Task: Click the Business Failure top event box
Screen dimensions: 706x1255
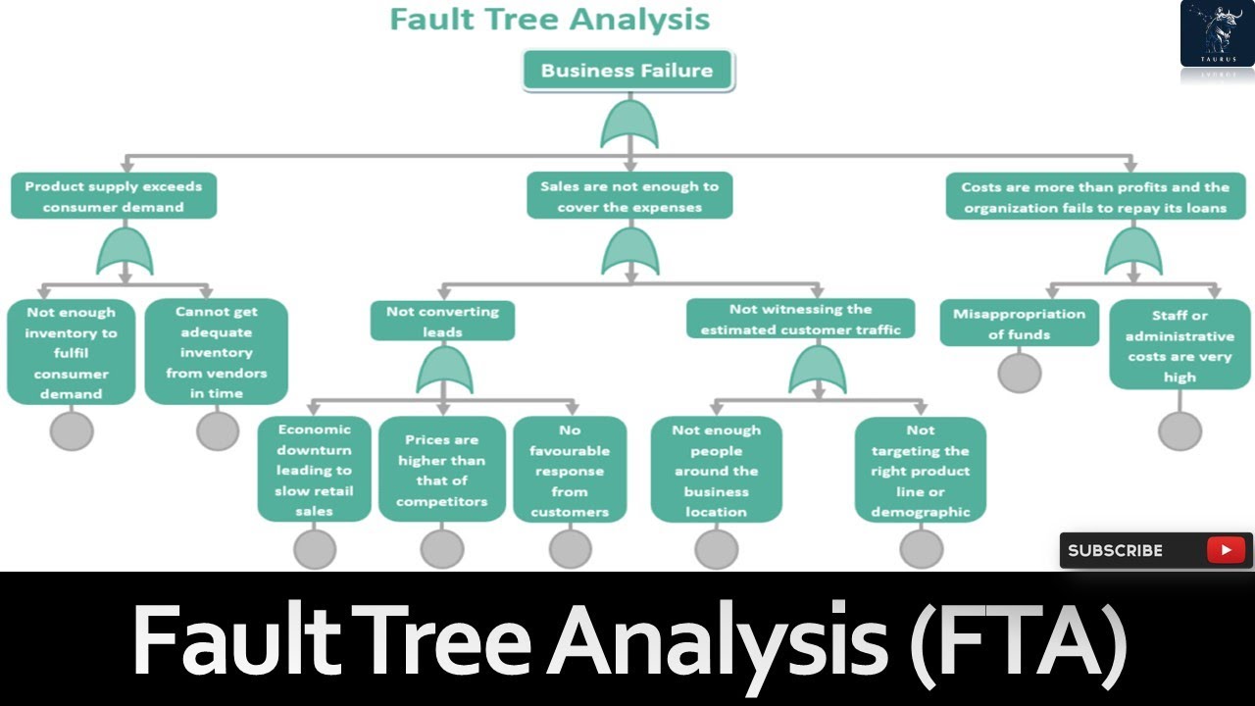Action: point(627,71)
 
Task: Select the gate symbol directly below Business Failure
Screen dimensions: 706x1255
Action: point(628,126)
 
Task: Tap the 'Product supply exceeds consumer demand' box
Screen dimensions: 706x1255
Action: point(113,196)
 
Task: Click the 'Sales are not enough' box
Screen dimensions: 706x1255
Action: point(628,196)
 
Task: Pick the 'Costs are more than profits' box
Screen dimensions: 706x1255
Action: point(1094,196)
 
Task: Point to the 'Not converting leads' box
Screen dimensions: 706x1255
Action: point(442,321)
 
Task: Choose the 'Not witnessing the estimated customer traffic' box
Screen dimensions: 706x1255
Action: point(800,320)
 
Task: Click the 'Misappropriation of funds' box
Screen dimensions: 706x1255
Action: point(1019,324)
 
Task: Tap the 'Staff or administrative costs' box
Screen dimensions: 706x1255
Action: point(1180,345)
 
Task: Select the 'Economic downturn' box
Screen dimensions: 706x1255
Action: point(314,470)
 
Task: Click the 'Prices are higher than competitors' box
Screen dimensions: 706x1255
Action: point(441,470)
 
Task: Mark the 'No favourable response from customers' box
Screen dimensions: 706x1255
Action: point(570,470)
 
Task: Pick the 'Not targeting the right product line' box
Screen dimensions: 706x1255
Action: point(920,470)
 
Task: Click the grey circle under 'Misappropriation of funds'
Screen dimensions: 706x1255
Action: point(1020,373)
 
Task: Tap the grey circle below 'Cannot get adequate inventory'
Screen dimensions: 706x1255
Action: point(218,430)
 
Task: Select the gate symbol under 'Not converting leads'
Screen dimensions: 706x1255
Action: point(444,373)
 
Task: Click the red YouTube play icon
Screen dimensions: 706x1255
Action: point(1226,550)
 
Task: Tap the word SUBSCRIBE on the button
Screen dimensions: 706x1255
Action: point(1115,551)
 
